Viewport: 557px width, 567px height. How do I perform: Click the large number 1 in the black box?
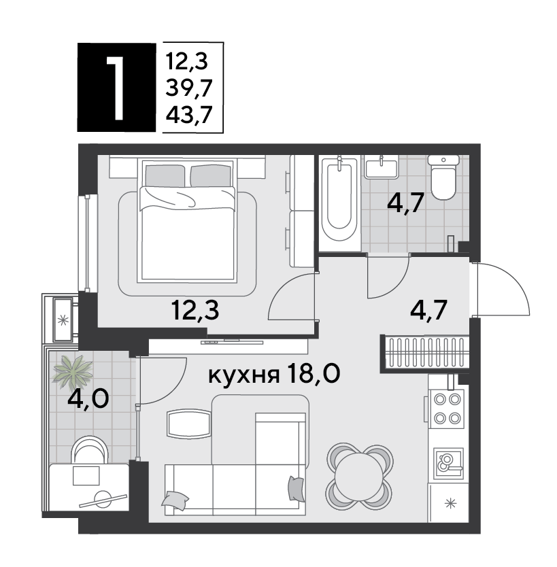point(116,88)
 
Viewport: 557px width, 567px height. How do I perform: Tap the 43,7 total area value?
point(188,115)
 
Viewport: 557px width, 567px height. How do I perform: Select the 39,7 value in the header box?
point(188,88)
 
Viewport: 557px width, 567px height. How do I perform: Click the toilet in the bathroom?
point(443,177)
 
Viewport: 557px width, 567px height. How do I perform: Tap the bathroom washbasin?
point(382,167)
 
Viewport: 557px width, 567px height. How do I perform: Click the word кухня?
point(244,375)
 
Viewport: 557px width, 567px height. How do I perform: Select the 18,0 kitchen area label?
point(313,373)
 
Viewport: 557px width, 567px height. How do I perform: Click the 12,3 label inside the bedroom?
point(195,311)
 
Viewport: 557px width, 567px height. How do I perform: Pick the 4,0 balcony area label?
point(88,399)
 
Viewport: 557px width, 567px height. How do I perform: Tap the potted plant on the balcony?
point(72,372)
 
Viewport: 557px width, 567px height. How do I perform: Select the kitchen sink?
point(448,464)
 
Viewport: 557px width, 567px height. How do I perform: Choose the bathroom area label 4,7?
point(405,203)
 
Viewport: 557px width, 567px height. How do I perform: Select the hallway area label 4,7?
point(429,310)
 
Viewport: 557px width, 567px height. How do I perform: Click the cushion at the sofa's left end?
point(175,500)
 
